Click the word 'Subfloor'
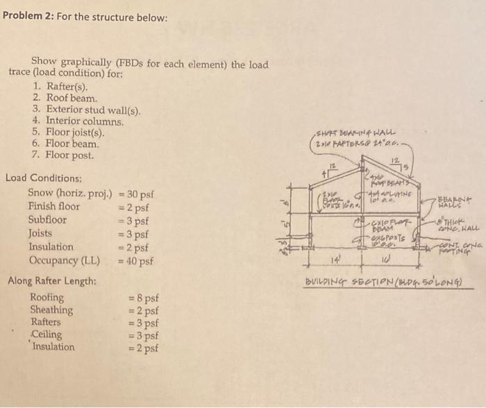click(x=47, y=220)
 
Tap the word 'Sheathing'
click(x=51, y=309)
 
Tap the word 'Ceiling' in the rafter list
click(x=47, y=334)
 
